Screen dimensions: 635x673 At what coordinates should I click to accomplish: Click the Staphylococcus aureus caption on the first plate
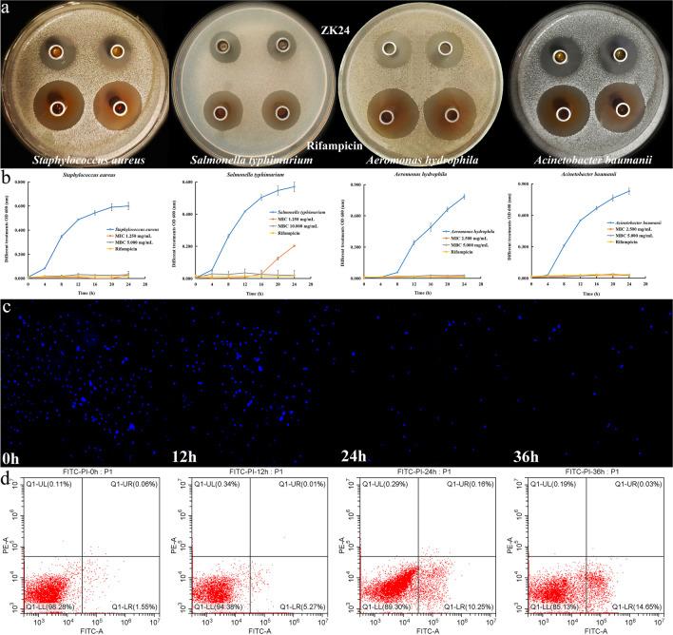pos(84,158)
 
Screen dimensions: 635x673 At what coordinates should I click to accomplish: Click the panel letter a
pos(6,8)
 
